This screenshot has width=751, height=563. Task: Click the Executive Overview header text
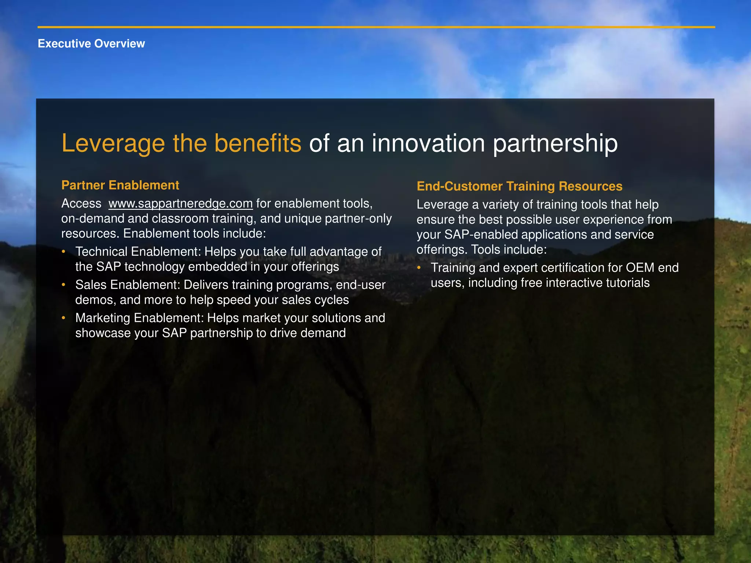91,44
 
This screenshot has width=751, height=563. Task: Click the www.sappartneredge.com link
180,203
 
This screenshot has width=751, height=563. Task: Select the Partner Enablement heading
120,185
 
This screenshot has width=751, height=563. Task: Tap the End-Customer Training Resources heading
519,186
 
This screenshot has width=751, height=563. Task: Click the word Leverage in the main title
113,143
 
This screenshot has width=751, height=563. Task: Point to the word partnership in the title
555,143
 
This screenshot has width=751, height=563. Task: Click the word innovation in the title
428,143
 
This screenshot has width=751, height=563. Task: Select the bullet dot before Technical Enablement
63,251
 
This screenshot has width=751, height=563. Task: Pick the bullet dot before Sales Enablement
63,284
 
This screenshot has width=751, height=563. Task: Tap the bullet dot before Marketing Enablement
63,317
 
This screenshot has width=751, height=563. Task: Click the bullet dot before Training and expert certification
419,268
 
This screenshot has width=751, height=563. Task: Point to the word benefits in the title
257,143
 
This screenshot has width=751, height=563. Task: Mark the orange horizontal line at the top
376,27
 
